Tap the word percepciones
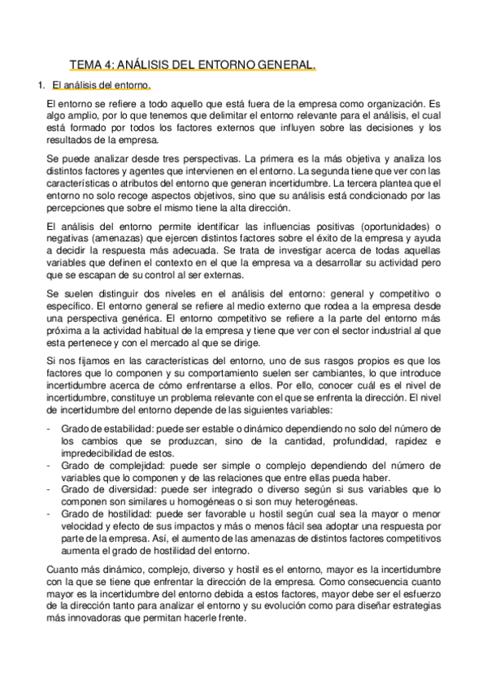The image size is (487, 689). click(x=79, y=208)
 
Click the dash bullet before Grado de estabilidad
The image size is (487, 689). click(x=50, y=428)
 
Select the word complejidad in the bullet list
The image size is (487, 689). click(x=121, y=466)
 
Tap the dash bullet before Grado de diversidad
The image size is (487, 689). click(x=50, y=490)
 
